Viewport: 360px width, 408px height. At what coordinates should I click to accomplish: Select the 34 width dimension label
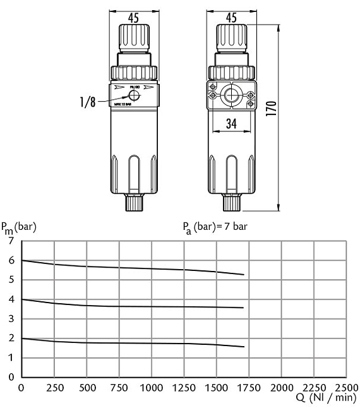click(x=232, y=124)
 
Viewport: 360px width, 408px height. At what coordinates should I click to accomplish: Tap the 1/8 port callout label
click(x=89, y=101)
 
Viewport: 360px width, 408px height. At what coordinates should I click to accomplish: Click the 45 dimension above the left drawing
click(x=134, y=18)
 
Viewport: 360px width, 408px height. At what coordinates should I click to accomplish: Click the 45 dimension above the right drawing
click(x=231, y=18)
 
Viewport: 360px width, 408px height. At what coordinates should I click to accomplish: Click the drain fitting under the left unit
click(x=134, y=203)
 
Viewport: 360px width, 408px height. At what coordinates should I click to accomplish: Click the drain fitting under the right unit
click(x=231, y=203)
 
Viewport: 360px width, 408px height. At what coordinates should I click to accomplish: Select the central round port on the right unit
click(x=232, y=95)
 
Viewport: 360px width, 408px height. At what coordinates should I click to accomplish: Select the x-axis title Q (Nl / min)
click(x=326, y=398)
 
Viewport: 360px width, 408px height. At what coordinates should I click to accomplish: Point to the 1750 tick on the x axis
click(x=249, y=387)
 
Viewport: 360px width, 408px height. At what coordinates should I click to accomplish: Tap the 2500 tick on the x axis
click(x=346, y=387)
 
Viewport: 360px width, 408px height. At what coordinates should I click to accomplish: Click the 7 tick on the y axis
click(x=10, y=241)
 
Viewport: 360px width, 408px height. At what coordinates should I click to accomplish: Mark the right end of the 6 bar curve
click(x=244, y=274)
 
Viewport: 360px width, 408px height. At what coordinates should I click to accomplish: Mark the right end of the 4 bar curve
click(x=244, y=308)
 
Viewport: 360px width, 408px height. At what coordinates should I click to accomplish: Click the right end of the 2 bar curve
click(x=244, y=347)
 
